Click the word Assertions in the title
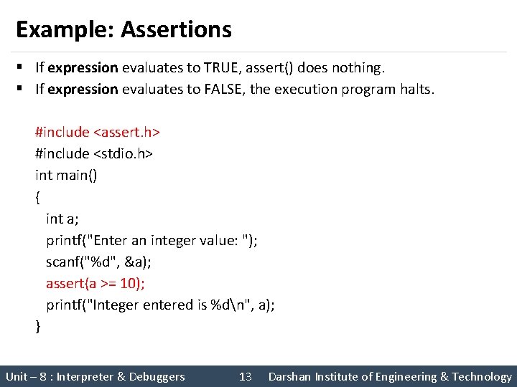point(176,29)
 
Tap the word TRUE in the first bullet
point(222,68)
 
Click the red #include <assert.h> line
point(97,133)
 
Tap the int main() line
point(66,176)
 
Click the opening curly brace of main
point(38,197)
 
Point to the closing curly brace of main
point(38,327)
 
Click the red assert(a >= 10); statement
point(96,283)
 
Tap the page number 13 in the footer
point(245,376)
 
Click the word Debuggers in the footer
point(157,376)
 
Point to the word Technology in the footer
point(482,376)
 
